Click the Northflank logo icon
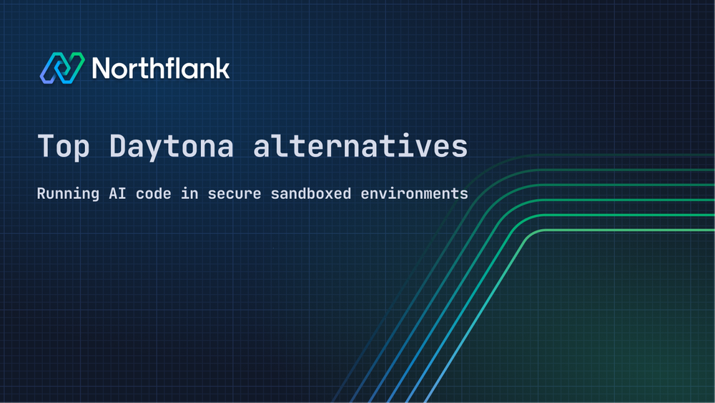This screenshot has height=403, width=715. click(61, 68)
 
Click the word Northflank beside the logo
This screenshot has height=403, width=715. click(161, 68)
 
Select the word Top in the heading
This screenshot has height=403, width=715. click(64, 146)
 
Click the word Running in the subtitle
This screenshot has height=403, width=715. click(68, 194)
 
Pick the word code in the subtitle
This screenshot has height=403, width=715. click(152, 194)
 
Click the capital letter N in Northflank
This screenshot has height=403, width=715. click(102, 68)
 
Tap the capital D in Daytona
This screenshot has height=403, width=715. click(119, 146)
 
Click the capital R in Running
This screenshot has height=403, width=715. click(41, 194)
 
